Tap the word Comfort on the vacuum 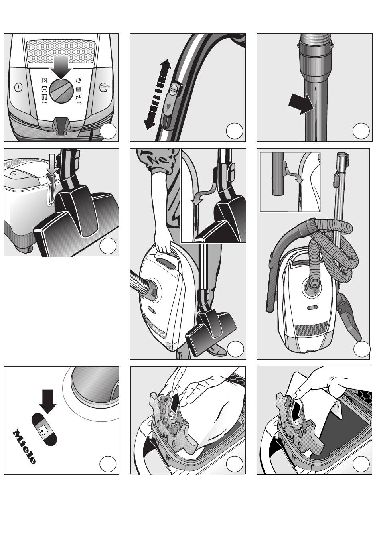click(106, 87)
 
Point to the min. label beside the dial click(45, 102)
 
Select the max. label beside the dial click(79, 102)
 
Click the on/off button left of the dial click(18, 87)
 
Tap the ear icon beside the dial click(79, 81)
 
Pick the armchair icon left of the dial click(45, 89)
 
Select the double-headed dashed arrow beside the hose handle click(158, 94)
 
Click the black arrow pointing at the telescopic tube click(301, 104)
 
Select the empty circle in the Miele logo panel click(108, 464)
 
